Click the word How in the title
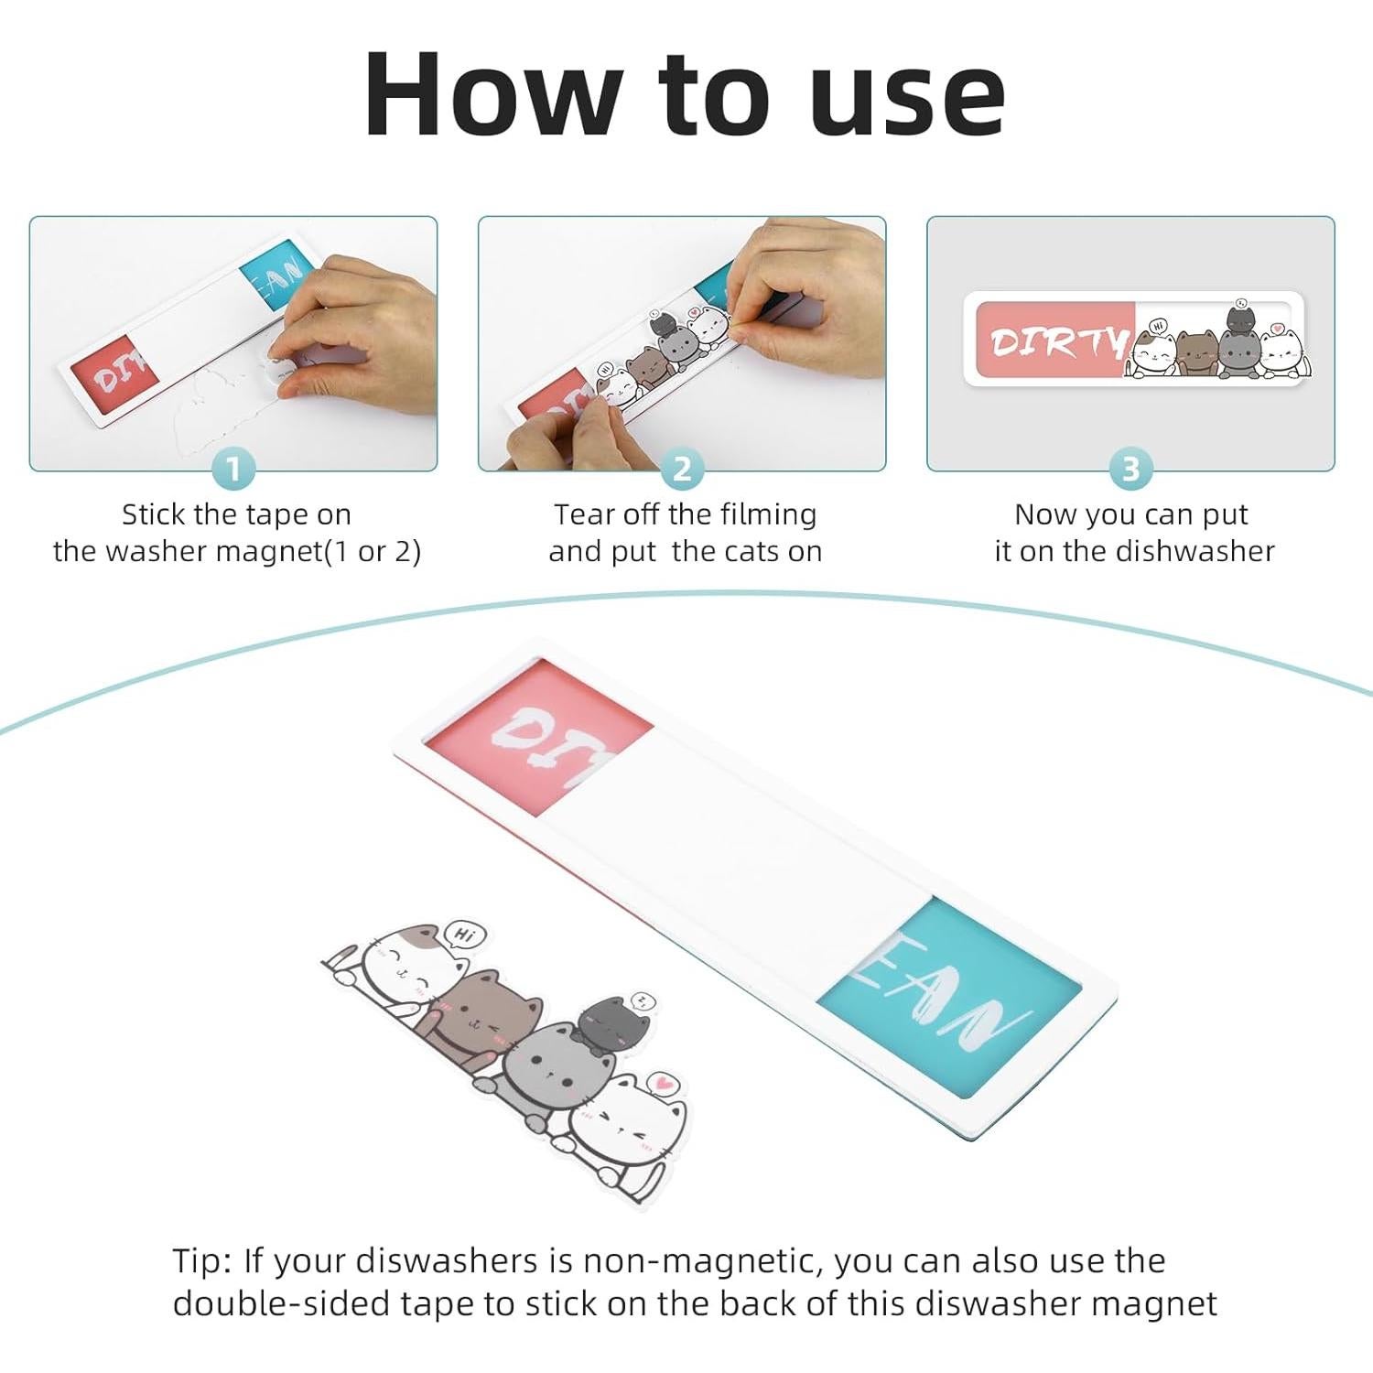coord(490,94)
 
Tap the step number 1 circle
coord(232,469)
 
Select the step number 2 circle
coord(682,469)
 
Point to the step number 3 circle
coord(1130,469)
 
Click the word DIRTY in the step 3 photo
coord(1061,341)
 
